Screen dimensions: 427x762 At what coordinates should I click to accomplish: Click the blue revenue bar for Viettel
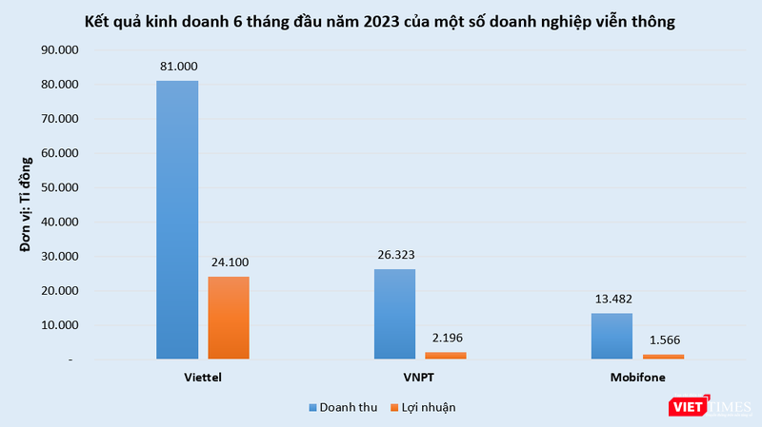click(177, 220)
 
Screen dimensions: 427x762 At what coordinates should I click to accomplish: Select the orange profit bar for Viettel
click(229, 318)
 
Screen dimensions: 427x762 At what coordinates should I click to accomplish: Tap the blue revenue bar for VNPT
click(394, 314)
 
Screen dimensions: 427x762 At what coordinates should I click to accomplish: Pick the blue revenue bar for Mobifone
click(612, 336)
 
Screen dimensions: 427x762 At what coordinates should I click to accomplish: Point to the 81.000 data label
click(177, 67)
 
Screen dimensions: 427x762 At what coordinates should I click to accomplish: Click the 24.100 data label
click(229, 262)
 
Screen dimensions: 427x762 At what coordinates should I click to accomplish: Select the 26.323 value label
click(394, 255)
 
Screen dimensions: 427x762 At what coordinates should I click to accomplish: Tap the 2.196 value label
click(446, 338)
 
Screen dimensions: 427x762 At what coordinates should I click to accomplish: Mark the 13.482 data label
click(612, 299)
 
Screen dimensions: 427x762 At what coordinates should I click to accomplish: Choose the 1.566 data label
click(663, 340)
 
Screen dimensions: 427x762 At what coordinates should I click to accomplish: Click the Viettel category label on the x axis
click(203, 378)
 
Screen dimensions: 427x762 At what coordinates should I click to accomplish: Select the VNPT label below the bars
click(420, 378)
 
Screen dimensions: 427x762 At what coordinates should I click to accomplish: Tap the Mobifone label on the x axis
click(637, 378)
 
